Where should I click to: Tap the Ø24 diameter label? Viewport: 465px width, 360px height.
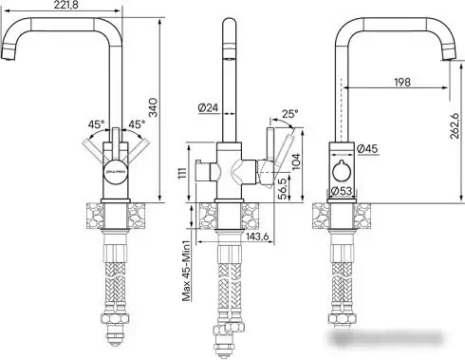(x=208, y=108)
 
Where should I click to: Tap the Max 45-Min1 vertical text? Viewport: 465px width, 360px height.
(x=190, y=271)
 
